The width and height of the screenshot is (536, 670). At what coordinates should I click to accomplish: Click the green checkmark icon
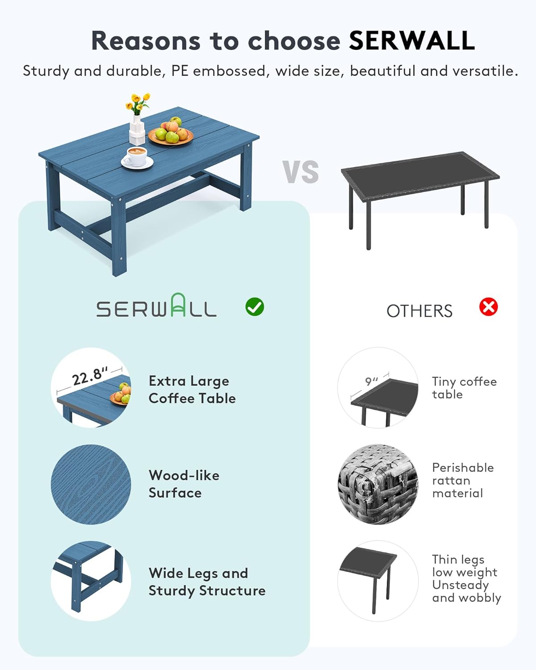point(255,307)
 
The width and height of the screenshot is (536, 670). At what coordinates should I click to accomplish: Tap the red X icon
point(488,307)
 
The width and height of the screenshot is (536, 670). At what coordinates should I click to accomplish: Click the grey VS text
point(301,172)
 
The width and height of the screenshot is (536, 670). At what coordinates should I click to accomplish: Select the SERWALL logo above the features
point(156,306)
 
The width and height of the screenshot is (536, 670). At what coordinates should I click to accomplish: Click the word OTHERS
point(419,311)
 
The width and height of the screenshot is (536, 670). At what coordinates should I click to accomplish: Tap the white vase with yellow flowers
point(137,119)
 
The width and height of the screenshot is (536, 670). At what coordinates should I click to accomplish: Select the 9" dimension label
point(372,381)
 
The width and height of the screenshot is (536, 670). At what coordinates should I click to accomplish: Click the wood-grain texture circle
point(91,484)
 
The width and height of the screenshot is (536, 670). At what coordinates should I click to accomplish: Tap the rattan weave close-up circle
point(378,484)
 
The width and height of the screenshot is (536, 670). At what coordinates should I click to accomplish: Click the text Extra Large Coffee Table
point(192,389)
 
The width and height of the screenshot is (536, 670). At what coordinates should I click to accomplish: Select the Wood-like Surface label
point(184,484)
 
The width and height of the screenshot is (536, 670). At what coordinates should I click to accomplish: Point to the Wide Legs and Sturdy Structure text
point(207,582)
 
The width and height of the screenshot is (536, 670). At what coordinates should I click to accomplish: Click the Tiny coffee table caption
point(465,388)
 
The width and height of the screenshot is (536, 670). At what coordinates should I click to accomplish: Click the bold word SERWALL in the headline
point(412,41)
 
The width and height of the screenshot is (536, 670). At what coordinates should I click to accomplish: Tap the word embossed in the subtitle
point(230,71)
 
